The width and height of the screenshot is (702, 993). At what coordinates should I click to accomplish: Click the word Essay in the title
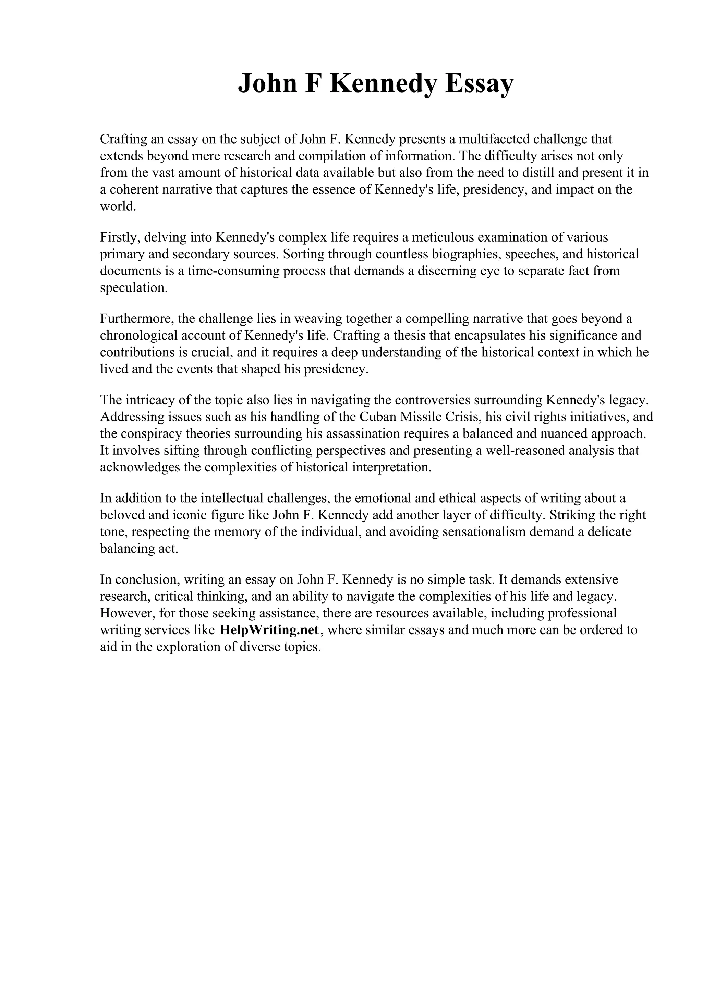[479, 84]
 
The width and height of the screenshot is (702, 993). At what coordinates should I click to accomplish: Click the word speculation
[134, 287]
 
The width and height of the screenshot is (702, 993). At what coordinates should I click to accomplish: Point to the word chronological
[138, 335]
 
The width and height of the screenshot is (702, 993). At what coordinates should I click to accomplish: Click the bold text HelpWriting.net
[269, 630]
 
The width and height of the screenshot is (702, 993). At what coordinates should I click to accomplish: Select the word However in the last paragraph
[125, 613]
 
